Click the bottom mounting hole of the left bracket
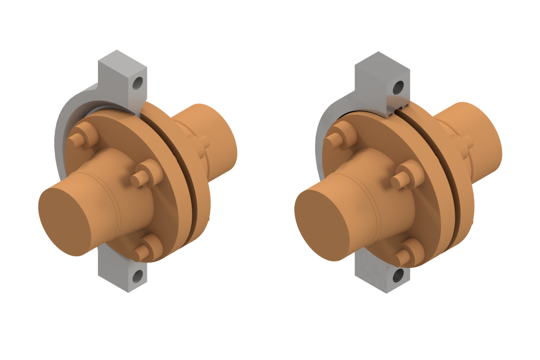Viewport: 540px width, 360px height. tap(138, 276)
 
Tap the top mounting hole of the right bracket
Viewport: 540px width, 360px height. tap(398, 87)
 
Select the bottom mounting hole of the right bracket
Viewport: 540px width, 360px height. tap(398, 275)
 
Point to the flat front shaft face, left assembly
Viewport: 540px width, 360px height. tap(65, 221)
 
